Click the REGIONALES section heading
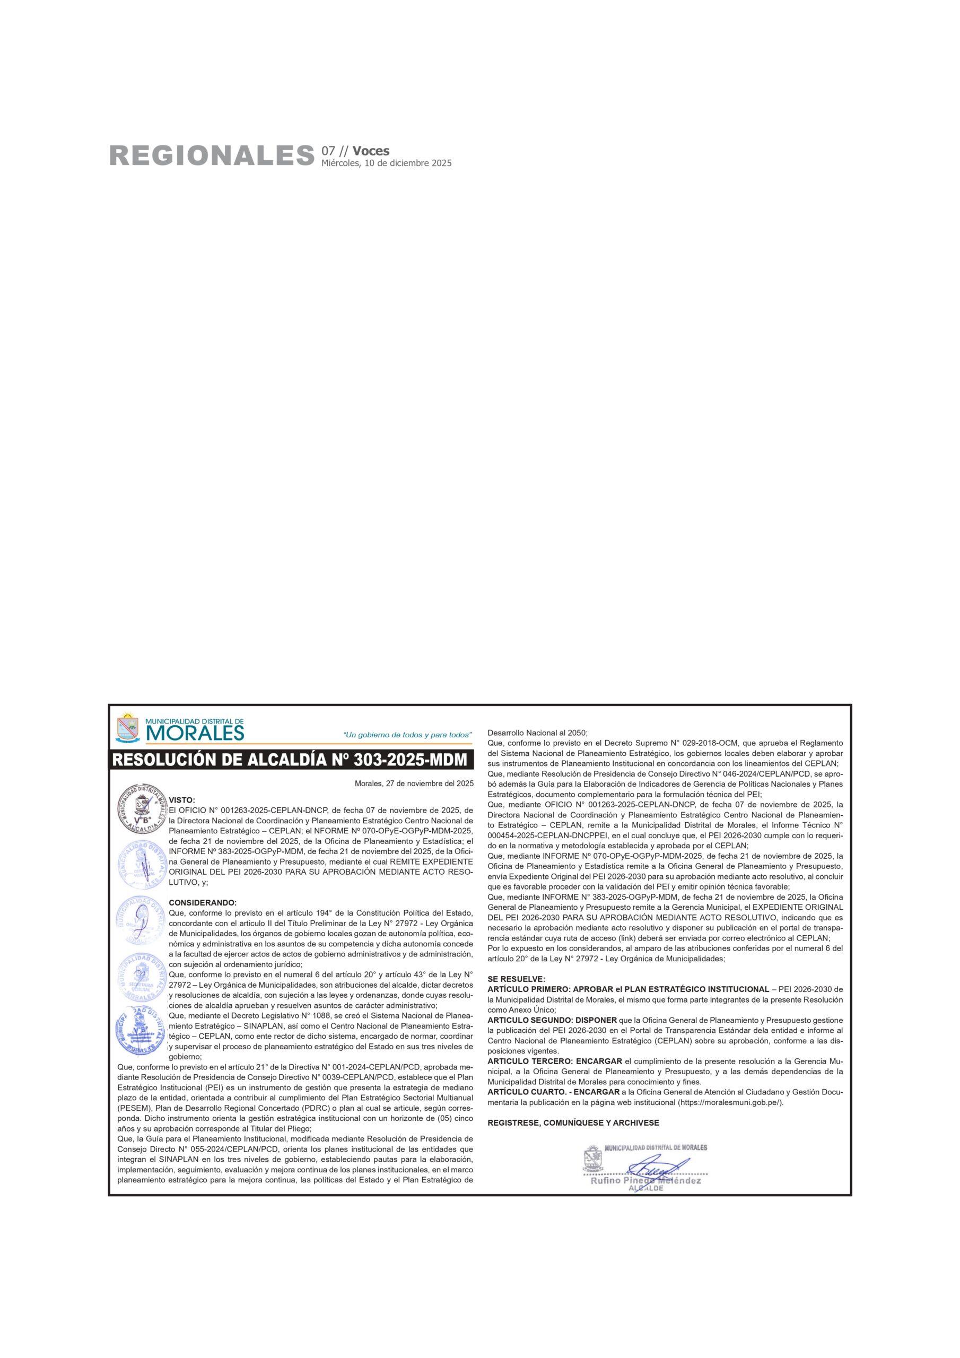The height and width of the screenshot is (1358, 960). tap(211, 156)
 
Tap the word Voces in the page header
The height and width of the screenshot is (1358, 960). tap(371, 151)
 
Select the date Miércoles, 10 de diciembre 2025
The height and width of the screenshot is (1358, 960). tap(386, 163)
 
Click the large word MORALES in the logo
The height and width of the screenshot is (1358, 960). tap(195, 734)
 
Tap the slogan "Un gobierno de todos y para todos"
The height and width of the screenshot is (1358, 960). tap(407, 735)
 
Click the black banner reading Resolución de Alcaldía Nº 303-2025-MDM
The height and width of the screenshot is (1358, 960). tap(290, 760)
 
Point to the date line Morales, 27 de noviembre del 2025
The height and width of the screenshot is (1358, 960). tap(414, 784)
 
